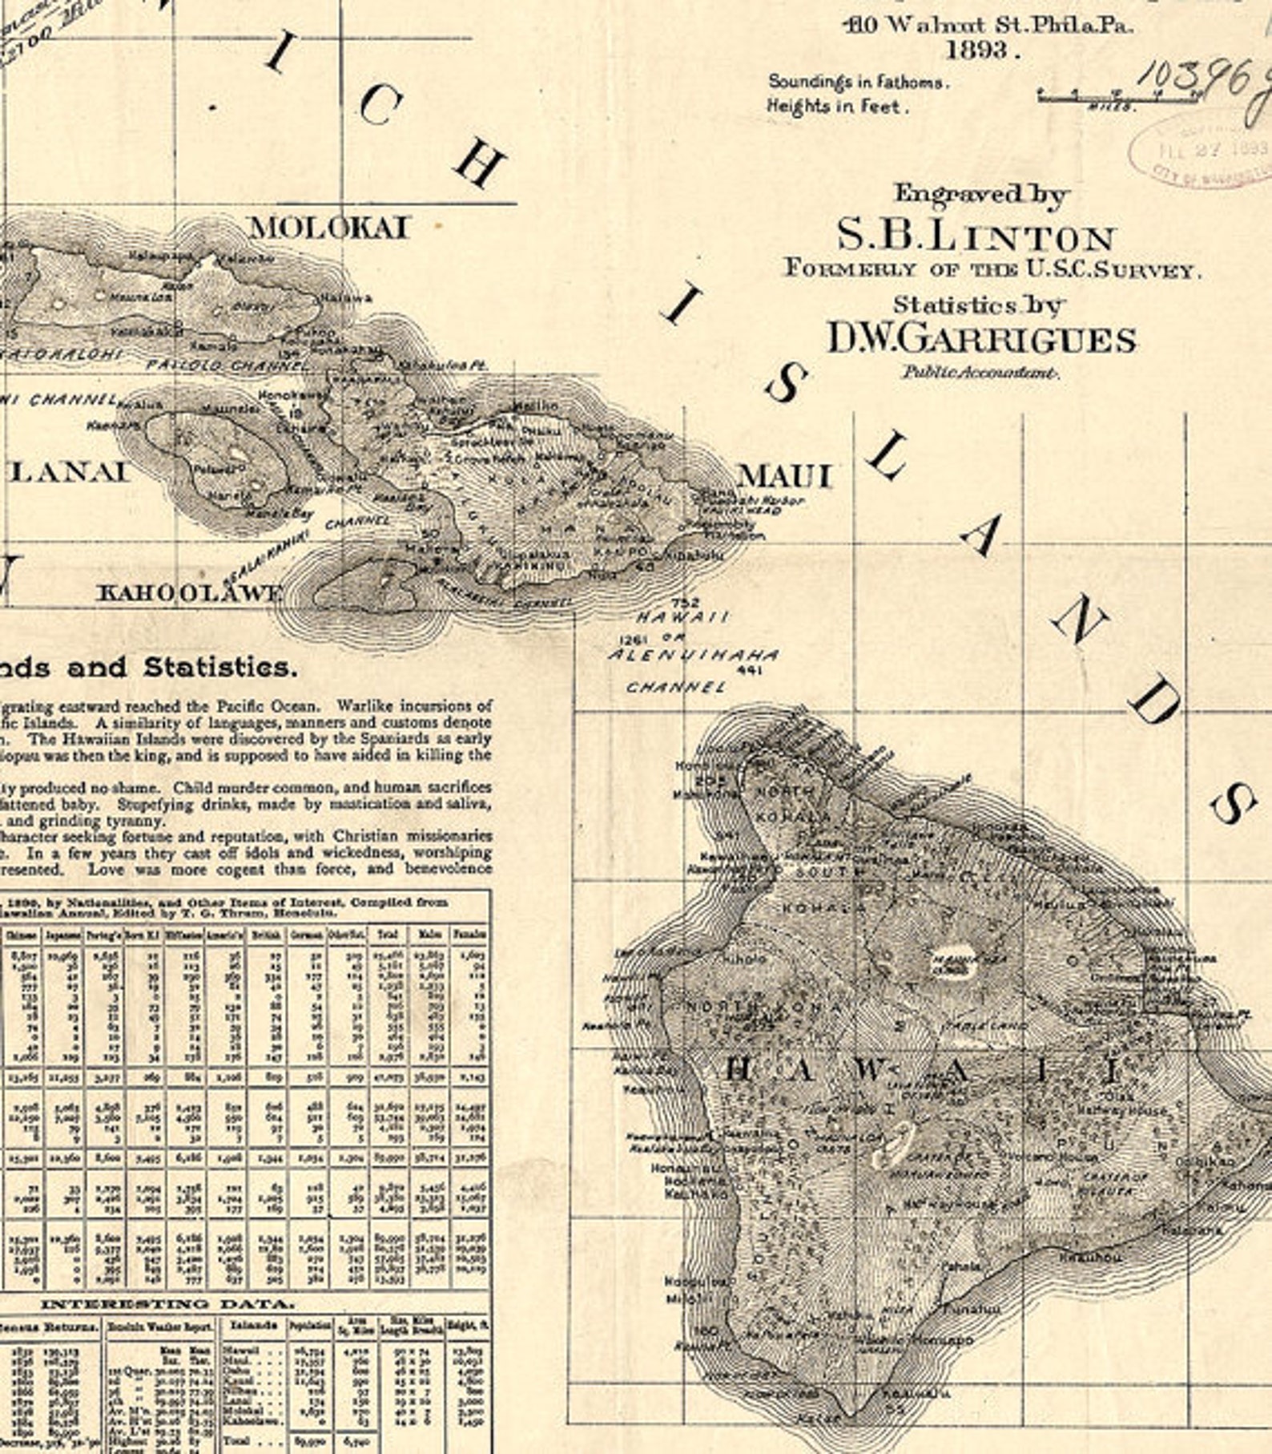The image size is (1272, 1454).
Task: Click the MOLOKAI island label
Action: point(329,228)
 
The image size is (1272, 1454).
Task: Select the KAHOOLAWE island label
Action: point(190,594)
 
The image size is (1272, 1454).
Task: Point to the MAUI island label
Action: point(785,476)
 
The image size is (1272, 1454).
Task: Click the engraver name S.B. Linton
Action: point(976,237)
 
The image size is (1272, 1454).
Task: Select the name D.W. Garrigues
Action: point(980,340)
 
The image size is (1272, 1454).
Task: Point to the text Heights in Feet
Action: point(837,106)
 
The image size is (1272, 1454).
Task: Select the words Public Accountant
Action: point(980,372)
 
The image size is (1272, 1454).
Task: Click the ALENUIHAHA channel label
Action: point(693,655)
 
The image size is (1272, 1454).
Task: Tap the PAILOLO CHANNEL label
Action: point(227,366)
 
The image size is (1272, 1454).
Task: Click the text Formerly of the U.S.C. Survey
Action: point(992,269)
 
